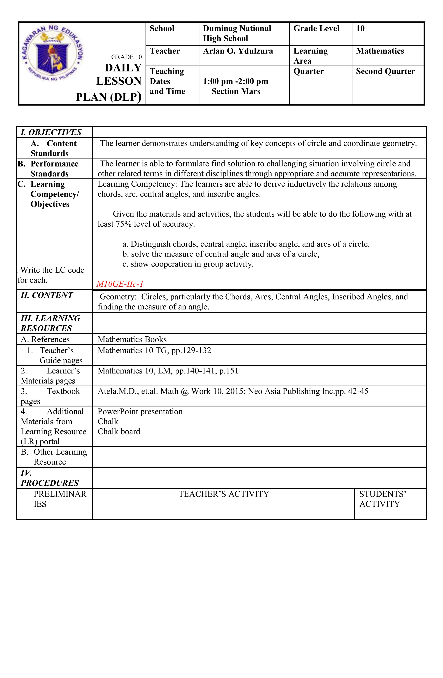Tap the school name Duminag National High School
tap(237, 33)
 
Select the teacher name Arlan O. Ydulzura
tap(238, 51)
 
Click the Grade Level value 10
tap(360, 29)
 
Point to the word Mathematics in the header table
tap(380, 51)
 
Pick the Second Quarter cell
tap(385, 71)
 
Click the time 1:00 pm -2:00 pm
tap(235, 81)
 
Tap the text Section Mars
tap(236, 91)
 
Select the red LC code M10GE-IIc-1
tap(120, 284)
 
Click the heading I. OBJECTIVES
tap(51, 132)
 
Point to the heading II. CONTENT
tap(47, 295)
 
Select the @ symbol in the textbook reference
tap(185, 391)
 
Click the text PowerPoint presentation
tap(140, 412)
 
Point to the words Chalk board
tap(119, 432)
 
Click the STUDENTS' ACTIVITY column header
tap(382, 499)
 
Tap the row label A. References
tap(45, 340)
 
